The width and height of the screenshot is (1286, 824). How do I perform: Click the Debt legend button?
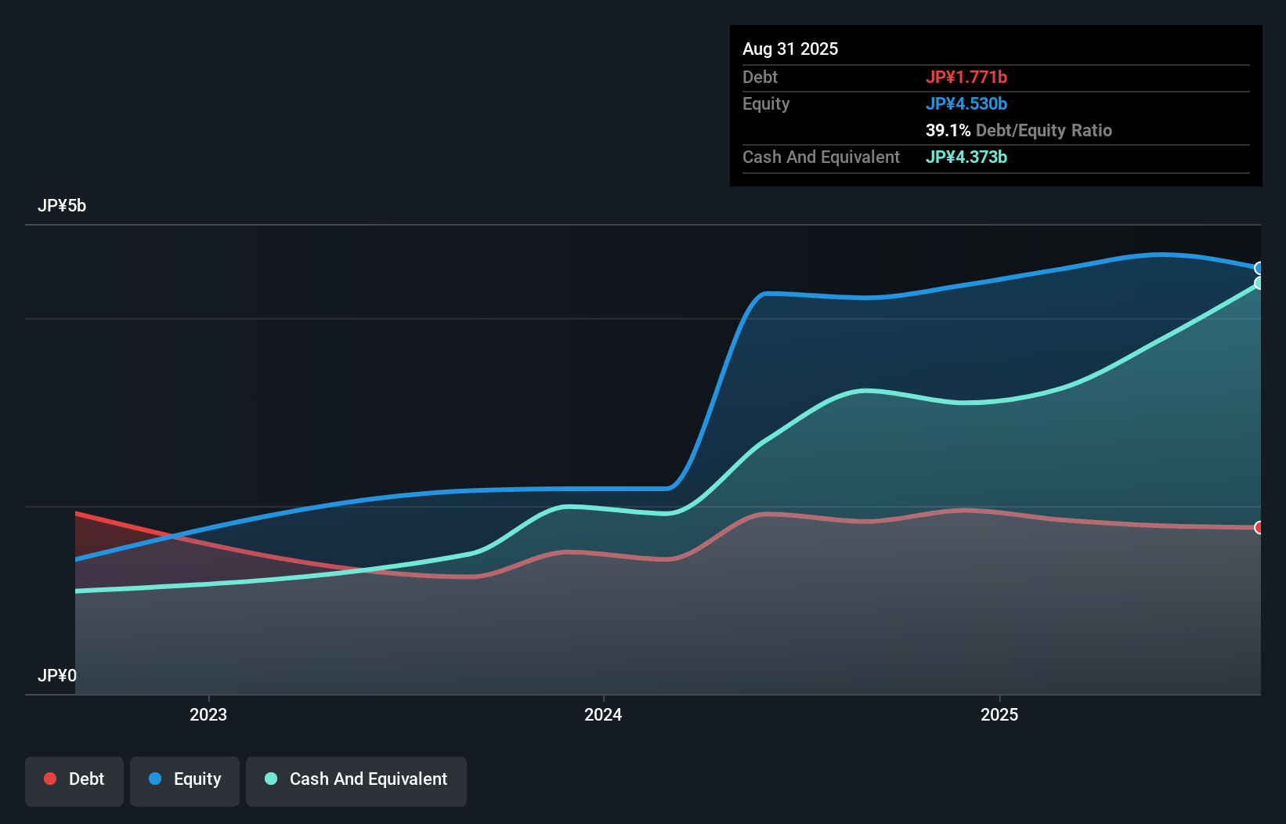(74, 780)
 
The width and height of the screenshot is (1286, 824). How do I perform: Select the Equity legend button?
(185, 780)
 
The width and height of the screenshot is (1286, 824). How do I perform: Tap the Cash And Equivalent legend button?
(356, 780)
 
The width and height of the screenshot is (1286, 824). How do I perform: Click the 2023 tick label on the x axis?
(208, 714)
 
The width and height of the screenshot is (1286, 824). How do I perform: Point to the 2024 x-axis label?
(603, 714)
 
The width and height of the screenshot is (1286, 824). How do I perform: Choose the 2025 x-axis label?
(999, 714)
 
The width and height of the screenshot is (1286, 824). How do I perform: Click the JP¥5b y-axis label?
(62, 206)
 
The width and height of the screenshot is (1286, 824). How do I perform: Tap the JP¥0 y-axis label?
(57, 675)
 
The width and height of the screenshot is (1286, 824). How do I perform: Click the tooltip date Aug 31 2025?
(790, 49)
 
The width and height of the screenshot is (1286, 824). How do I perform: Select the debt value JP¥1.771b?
(966, 78)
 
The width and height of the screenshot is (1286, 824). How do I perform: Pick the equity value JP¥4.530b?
(966, 104)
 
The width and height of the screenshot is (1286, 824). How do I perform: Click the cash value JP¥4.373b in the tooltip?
(966, 157)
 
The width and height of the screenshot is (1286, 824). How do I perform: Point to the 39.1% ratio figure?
(948, 131)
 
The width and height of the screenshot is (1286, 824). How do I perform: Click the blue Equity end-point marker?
(1259, 269)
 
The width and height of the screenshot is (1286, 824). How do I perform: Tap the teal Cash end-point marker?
(1259, 284)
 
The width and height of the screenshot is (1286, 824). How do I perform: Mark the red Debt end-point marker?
(1259, 528)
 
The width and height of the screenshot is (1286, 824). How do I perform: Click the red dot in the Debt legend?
(50, 779)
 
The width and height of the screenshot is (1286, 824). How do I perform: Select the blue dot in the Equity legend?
(155, 779)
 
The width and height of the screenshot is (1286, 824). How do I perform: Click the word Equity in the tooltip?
(766, 104)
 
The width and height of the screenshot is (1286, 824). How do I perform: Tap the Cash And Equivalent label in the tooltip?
(821, 157)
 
